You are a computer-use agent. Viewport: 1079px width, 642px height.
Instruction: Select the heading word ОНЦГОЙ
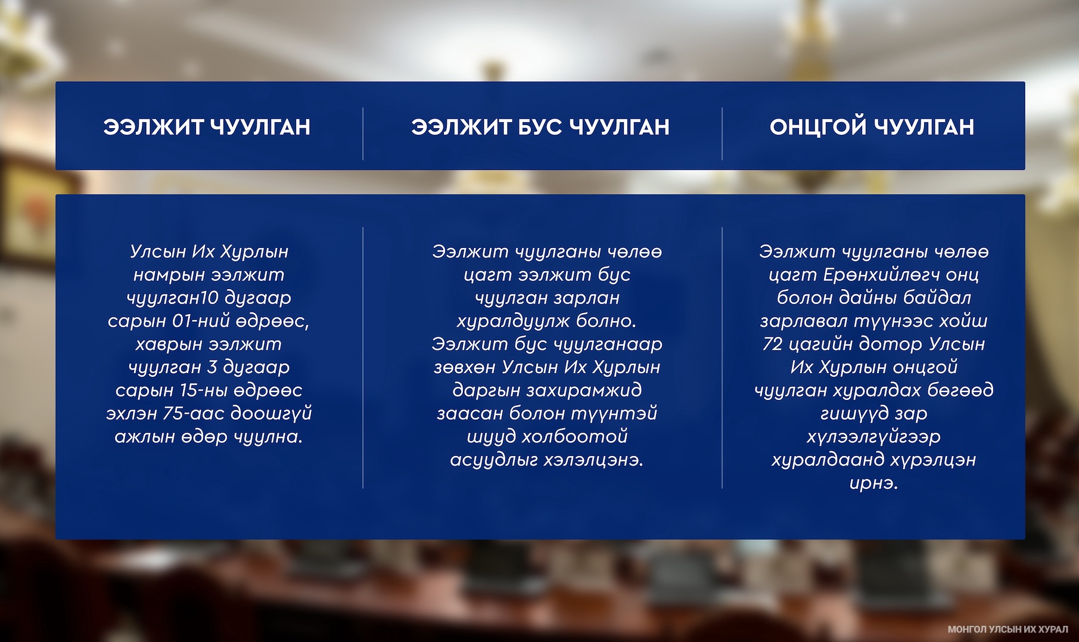point(817,127)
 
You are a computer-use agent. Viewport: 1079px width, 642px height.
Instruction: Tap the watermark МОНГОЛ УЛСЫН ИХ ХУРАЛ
point(1008,629)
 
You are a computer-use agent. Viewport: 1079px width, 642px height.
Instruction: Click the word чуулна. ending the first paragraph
point(268,437)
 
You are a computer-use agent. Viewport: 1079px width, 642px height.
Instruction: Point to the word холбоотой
point(574,437)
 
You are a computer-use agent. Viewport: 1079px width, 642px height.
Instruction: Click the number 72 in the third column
point(772,344)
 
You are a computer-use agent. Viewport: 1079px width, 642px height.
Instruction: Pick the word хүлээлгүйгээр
point(873,437)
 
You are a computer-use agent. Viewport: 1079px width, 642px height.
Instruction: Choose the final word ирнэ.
point(873,483)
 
